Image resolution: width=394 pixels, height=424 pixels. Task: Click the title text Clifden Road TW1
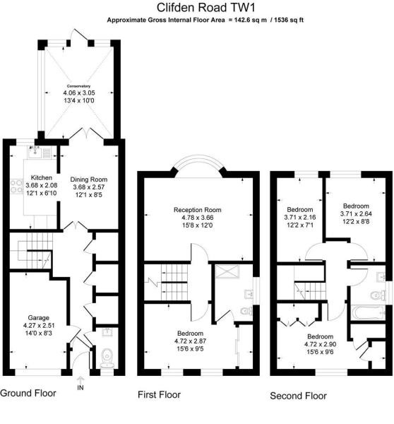(x=197, y=8)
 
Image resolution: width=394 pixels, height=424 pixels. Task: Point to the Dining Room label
(x=90, y=179)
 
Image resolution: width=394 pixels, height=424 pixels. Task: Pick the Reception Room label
(x=198, y=210)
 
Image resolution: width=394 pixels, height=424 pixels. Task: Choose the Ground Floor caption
(x=28, y=393)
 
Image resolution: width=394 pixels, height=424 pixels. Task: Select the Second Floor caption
(x=299, y=396)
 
